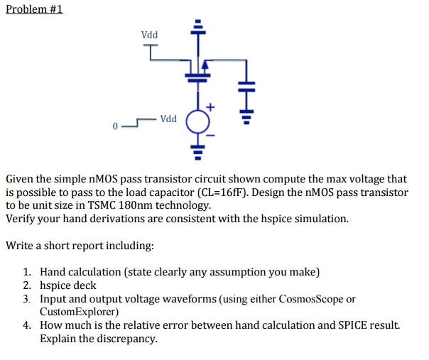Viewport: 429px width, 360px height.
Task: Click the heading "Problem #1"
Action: click(x=34, y=11)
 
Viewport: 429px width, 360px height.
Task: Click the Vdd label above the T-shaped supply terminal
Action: click(x=150, y=34)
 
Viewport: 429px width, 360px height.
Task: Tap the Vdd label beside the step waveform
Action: click(x=169, y=119)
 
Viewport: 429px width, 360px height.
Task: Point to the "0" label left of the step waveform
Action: click(x=113, y=127)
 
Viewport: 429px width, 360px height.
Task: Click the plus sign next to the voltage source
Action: click(x=211, y=107)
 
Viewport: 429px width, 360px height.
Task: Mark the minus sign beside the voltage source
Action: click(x=211, y=133)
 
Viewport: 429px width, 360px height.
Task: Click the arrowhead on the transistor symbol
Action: click(x=206, y=65)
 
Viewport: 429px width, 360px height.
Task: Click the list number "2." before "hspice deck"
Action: click(x=26, y=285)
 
